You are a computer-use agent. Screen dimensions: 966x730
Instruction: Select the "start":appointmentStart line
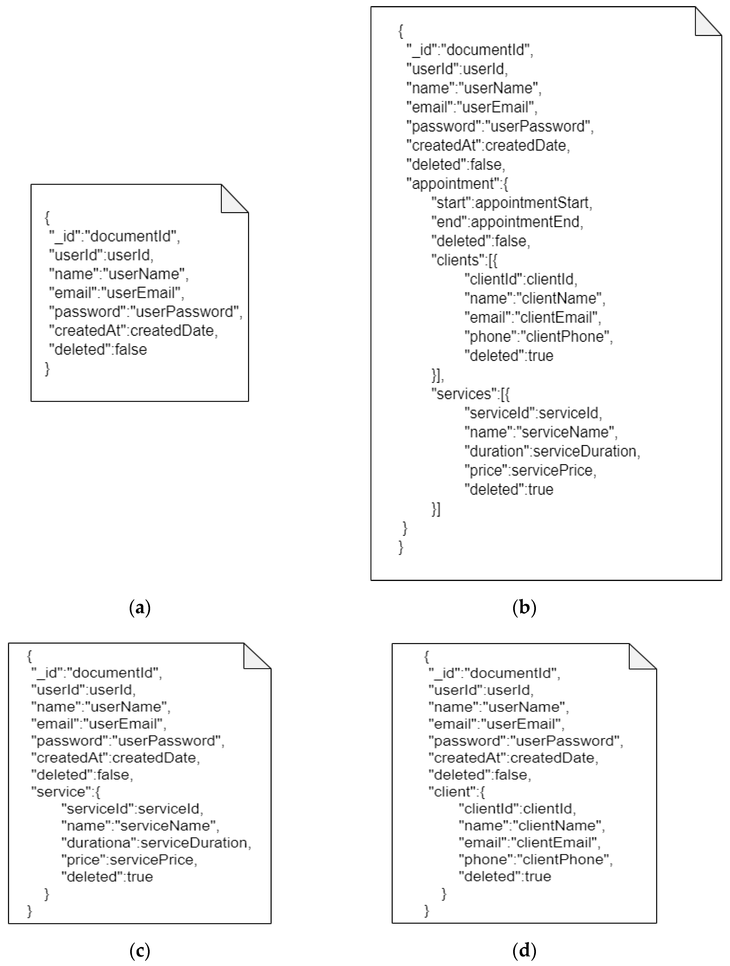coord(511,203)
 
